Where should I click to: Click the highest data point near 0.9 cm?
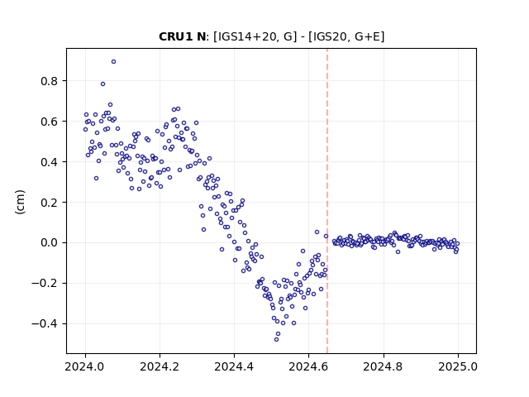114,62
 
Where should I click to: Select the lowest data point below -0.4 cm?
277,340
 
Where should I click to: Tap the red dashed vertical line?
327,201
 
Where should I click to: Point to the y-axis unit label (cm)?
20,202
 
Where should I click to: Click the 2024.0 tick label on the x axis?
85,366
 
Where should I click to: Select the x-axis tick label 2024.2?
160,366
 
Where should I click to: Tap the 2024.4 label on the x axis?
234,366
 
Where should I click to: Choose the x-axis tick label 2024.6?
308,366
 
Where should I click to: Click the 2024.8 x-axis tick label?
384,366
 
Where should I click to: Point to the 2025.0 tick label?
458,366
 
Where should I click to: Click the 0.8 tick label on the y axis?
50,81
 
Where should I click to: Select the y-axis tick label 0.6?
50,122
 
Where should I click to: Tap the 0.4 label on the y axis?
50,162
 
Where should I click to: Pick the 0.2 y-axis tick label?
50,203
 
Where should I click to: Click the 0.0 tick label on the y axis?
50,242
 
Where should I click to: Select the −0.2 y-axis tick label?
45,283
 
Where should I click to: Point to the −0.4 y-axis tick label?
45,323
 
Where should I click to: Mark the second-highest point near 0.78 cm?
102,84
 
